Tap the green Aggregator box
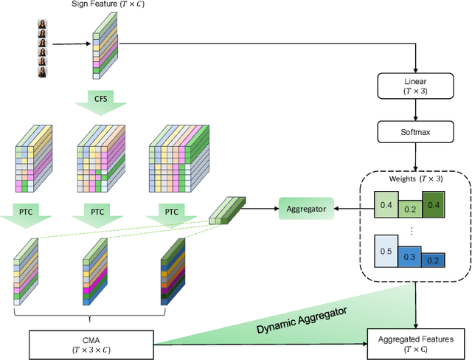tap(302, 210)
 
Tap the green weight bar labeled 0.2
tap(409, 210)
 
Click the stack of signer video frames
tap(43, 48)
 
